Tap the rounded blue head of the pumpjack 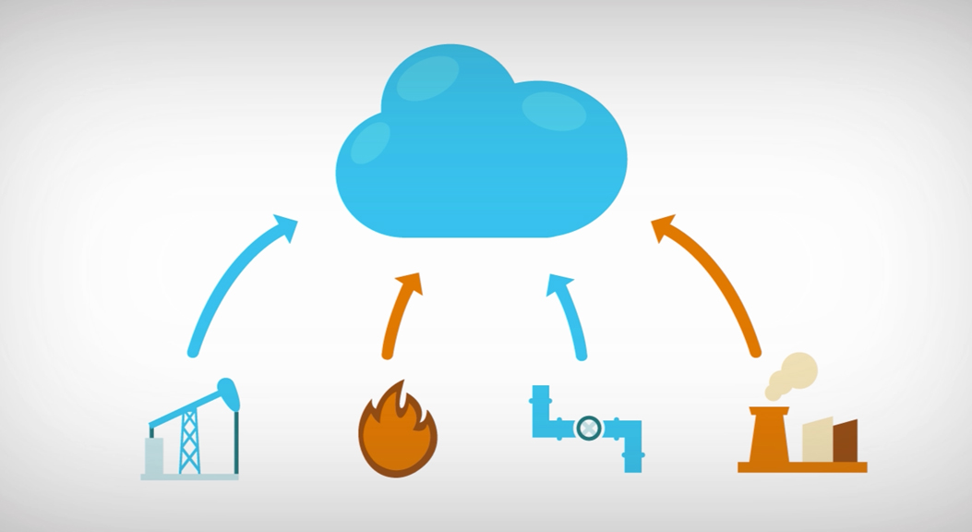[229, 394]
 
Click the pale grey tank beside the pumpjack [154, 456]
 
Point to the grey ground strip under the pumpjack [189, 477]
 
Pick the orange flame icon [397, 434]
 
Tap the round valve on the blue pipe [588, 428]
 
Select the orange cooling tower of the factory [769, 436]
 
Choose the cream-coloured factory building [816, 441]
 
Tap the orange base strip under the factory [802, 467]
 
